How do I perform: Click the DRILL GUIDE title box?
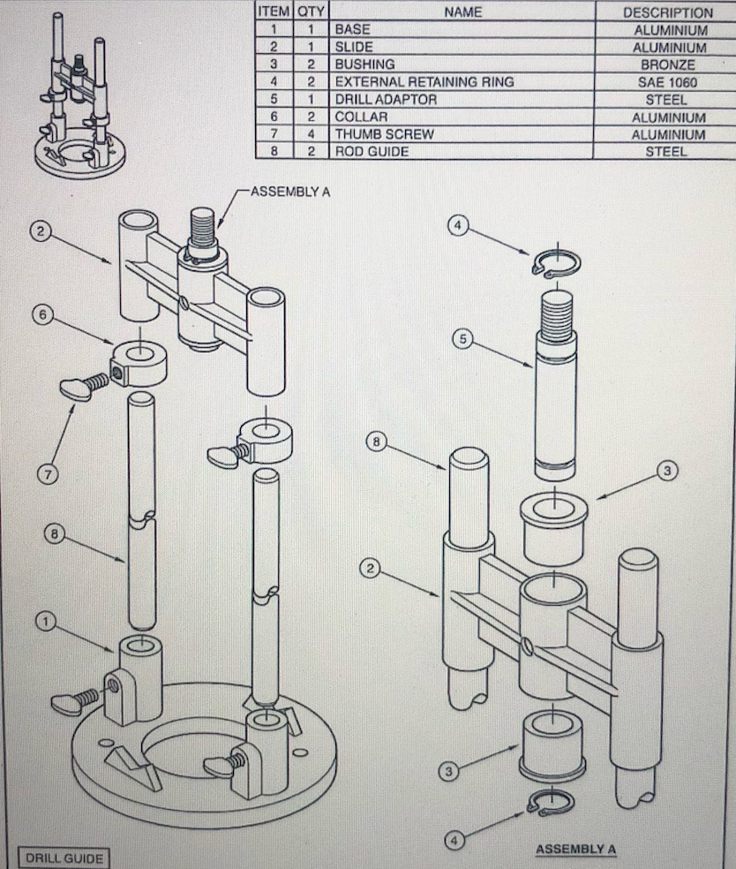(x=64, y=857)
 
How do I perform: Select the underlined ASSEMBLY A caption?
(x=575, y=850)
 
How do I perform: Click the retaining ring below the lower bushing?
(x=549, y=803)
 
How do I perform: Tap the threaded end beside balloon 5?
(x=556, y=318)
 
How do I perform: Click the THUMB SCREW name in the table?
(x=384, y=134)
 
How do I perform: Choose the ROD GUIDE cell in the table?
(x=371, y=151)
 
